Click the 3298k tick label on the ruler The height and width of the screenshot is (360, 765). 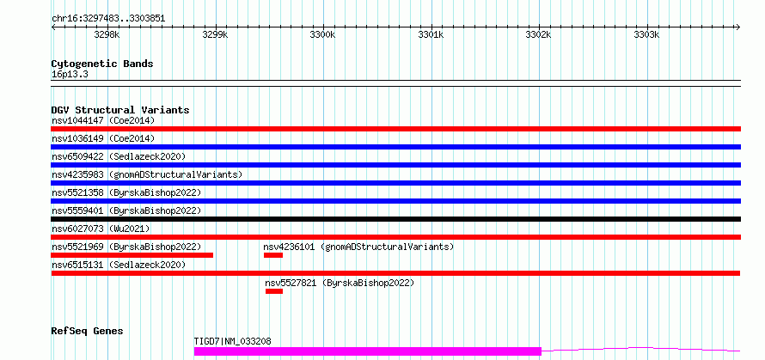pos(107,34)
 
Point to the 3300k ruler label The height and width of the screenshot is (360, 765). pos(322,34)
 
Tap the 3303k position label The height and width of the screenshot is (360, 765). pos(646,34)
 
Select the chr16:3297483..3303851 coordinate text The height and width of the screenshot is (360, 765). pos(108,19)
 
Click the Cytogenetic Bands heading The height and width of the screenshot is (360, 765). pos(102,64)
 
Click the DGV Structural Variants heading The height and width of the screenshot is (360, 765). pos(120,110)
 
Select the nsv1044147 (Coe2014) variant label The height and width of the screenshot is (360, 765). pos(103,120)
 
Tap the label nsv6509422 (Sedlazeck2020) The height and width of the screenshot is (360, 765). pos(119,156)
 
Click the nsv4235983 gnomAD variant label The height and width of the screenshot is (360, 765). pos(147,174)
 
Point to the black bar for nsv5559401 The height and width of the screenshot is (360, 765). pos(396,219)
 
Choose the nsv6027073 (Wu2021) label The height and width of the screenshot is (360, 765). pos(101,229)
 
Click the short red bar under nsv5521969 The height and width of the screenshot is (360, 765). pos(132,255)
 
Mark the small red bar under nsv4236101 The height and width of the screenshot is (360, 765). pos(273,255)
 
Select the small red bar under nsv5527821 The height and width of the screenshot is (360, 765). pos(274,291)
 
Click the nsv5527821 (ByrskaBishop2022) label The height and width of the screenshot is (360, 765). pos(340,283)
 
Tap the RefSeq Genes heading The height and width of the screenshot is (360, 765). pos(88,332)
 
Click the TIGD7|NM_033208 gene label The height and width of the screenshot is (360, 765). pos(233,341)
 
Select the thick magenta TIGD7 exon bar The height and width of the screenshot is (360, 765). pos(368,351)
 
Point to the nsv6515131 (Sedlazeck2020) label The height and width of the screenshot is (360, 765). pos(119,265)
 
